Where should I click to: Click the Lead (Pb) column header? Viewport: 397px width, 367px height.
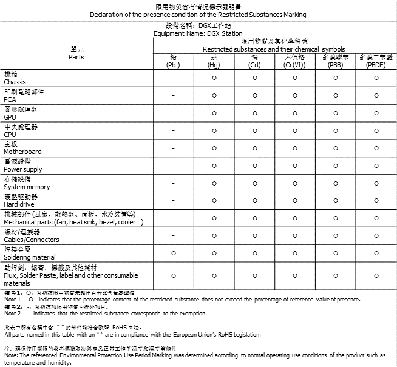click(x=173, y=61)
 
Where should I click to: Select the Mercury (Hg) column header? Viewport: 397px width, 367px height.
click(x=214, y=61)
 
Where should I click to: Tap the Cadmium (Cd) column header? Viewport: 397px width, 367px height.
click(x=254, y=61)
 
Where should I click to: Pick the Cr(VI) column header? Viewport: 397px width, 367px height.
click(x=294, y=61)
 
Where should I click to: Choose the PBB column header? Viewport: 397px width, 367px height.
click(x=335, y=61)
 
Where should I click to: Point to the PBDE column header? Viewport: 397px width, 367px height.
click(x=376, y=61)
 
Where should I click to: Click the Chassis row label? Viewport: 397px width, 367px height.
click(x=15, y=81)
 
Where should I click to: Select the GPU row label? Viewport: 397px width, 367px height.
click(x=10, y=116)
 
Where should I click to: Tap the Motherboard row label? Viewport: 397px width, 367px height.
click(x=23, y=152)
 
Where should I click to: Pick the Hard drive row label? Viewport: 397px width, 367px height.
click(x=18, y=204)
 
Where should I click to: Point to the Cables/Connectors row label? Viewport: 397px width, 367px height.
click(x=32, y=240)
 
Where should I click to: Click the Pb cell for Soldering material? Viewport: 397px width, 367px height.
click(x=173, y=253)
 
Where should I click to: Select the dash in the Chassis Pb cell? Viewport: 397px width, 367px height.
click(x=173, y=78)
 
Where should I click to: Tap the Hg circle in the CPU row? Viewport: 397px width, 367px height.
click(x=214, y=130)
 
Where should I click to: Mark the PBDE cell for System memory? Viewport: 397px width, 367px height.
click(x=376, y=183)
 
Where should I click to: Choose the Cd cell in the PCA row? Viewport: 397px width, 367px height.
click(x=254, y=96)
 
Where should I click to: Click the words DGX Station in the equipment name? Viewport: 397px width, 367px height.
click(x=224, y=34)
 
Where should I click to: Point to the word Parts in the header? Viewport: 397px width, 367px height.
click(x=76, y=57)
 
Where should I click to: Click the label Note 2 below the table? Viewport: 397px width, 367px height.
click(x=13, y=314)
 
